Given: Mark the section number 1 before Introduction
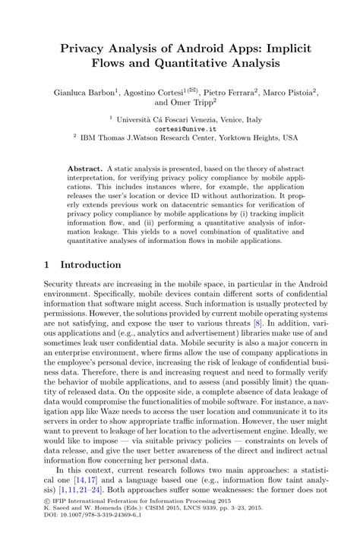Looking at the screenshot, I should pyautogui.click(x=46, y=265).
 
